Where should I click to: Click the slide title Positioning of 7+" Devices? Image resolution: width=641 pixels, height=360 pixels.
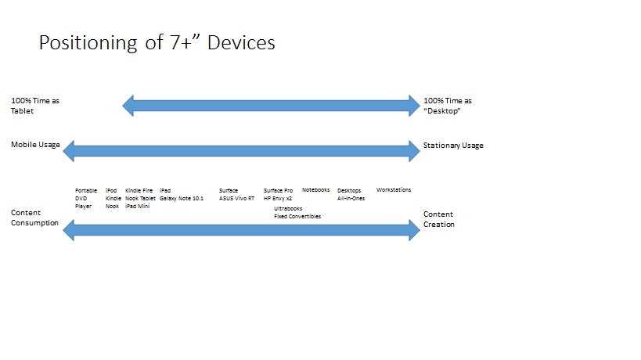click(157, 43)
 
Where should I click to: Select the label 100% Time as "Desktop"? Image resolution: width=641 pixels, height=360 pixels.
click(447, 106)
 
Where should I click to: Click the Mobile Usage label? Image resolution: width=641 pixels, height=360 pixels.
click(35, 145)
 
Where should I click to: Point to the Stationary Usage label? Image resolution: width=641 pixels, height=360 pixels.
click(453, 146)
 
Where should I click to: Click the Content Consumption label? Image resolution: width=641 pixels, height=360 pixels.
click(34, 218)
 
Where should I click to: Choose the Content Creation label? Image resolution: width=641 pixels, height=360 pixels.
click(438, 218)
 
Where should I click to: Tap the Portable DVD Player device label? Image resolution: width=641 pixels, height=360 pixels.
click(85, 198)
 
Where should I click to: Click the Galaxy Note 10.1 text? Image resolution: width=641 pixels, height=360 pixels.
click(181, 199)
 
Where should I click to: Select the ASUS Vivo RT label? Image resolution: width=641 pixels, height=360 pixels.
click(236, 199)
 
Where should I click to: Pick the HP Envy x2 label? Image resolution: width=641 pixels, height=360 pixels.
click(278, 199)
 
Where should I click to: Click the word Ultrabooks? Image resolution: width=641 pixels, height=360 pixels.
click(288, 209)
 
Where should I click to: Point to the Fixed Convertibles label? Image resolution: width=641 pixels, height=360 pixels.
click(297, 217)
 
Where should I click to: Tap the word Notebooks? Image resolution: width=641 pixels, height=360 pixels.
click(315, 190)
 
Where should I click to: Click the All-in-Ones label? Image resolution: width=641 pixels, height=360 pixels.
click(351, 199)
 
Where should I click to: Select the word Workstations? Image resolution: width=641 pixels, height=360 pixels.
click(393, 190)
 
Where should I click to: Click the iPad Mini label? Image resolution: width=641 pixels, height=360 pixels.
click(138, 206)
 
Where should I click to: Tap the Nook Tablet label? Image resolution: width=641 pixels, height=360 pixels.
click(140, 199)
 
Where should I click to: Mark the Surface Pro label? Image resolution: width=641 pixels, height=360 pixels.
click(278, 190)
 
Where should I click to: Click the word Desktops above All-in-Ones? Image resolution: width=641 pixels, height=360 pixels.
click(350, 190)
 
